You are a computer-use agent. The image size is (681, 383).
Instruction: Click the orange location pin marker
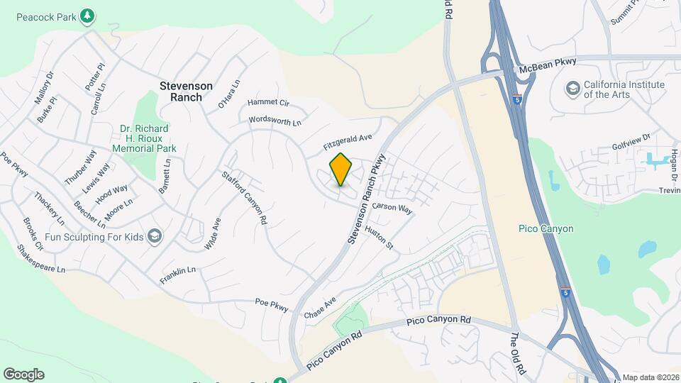click(x=340, y=169)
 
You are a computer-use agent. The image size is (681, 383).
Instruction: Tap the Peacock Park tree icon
click(x=87, y=16)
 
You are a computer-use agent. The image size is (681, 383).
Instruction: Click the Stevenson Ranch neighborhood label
click(x=186, y=91)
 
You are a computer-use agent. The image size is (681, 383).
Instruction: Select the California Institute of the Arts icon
click(x=572, y=89)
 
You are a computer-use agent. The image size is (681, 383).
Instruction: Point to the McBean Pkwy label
click(x=548, y=67)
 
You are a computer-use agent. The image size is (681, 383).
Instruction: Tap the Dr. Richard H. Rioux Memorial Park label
click(x=144, y=138)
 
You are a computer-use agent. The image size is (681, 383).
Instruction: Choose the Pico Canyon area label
click(x=546, y=228)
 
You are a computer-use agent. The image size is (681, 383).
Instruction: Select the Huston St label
click(x=379, y=238)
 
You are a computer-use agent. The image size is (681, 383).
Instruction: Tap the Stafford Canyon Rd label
click(x=245, y=198)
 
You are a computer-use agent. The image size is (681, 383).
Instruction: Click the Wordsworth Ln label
click(x=275, y=121)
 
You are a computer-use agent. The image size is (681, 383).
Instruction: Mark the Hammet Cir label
click(x=269, y=103)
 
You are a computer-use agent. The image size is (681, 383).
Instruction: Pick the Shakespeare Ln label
click(x=41, y=259)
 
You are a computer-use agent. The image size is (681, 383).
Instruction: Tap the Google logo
click(x=23, y=374)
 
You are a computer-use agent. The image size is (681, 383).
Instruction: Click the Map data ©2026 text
click(x=650, y=377)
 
